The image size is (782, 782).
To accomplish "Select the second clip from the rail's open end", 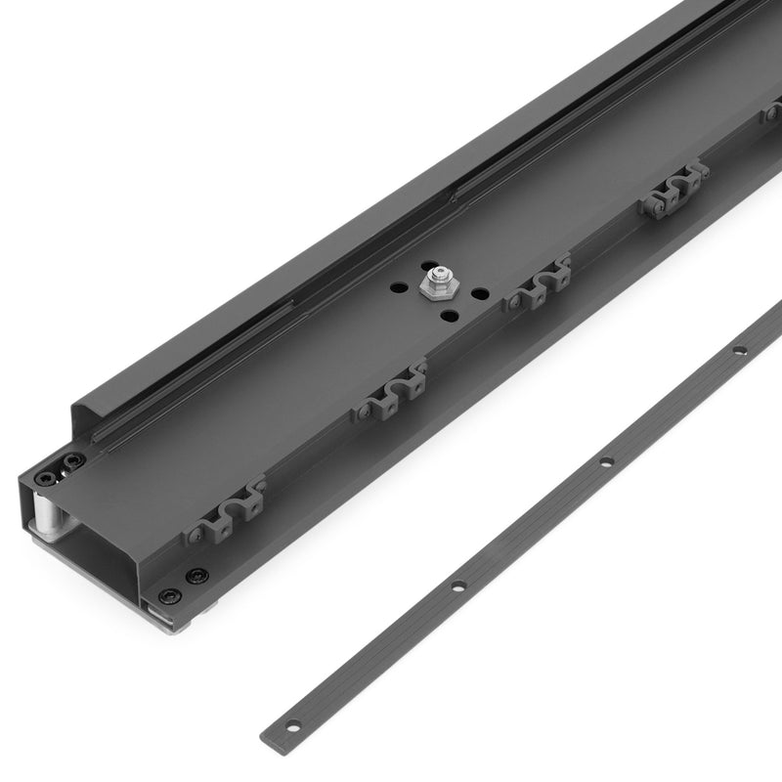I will [390, 388].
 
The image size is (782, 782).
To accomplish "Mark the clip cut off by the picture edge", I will [772, 113].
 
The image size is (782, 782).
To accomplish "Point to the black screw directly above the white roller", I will [46, 477].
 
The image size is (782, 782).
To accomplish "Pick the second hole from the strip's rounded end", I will [457, 586].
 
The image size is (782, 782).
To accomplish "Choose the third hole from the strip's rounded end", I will [606, 461].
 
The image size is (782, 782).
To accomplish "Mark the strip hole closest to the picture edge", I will [740, 349].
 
